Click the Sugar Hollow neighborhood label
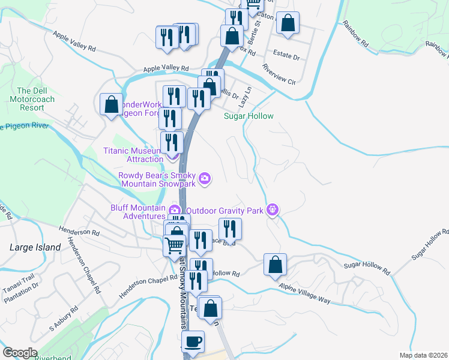coord(249,116)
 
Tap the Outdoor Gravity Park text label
coord(226,211)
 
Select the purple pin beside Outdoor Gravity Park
coord(273,209)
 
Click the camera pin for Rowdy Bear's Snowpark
coord(205,178)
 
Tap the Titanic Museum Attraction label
coord(133,155)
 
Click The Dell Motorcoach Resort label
coord(32,99)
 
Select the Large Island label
coord(35,247)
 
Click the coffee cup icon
coord(193,343)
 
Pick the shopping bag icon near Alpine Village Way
coord(275,265)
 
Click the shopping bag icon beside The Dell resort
coord(112,104)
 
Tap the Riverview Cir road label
coord(279,74)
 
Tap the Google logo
coord(20,353)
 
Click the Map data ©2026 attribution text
coord(428,355)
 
